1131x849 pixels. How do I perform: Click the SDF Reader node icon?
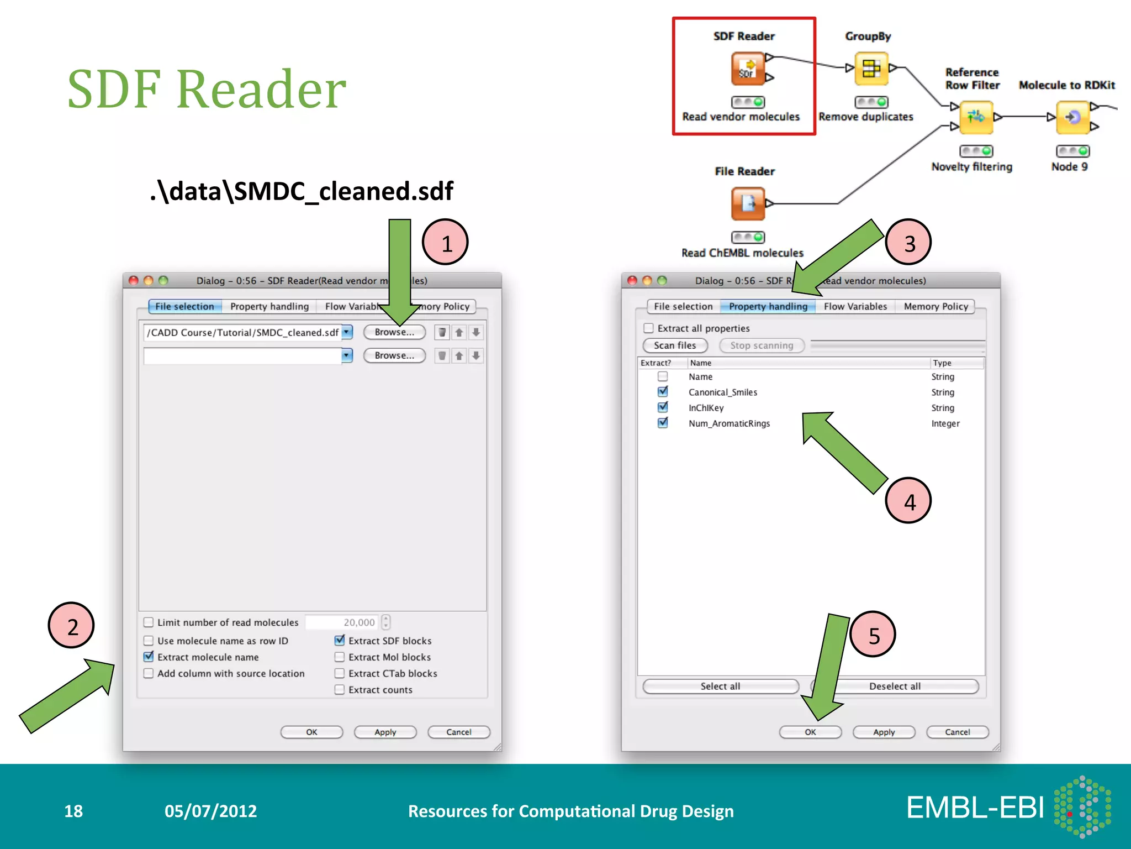click(748, 69)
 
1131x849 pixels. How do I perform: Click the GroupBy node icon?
click(871, 69)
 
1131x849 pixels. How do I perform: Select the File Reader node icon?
click(748, 204)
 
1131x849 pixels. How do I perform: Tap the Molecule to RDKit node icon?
click(1072, 117)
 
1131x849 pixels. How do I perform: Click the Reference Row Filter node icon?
click(976, 117)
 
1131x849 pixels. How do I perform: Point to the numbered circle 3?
click(908, 243)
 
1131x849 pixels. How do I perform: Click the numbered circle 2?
click(71, 626)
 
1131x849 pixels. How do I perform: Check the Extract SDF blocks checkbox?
click(340, 641)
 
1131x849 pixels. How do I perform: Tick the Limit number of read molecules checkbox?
click(149, 622)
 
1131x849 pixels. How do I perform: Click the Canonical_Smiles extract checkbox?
click(663, 392)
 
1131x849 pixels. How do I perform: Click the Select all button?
click(720, 686)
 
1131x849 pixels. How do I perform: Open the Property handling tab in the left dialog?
click(269, 306)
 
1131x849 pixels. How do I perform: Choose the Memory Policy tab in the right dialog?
click(936, 306)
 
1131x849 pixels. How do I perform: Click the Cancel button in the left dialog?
click(458, 732)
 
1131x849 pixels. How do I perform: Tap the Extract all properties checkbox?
click(649, 328)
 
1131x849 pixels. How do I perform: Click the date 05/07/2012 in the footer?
click(210, 811)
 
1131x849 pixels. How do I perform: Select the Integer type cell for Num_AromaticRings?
click(945, 423)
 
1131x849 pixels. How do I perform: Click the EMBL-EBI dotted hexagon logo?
click(1082, 807)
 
